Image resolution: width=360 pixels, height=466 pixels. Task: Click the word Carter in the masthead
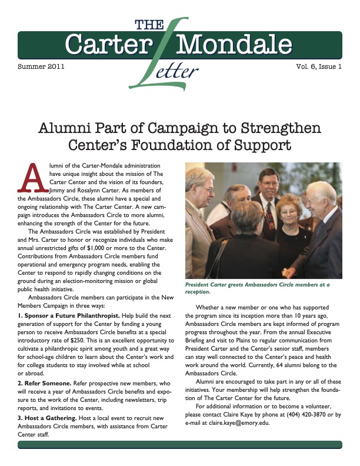point(109,44)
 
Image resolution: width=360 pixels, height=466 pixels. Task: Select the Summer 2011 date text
point(41,66)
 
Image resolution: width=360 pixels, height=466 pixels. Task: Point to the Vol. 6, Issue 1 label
point(318,66)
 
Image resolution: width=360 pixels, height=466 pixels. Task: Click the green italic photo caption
point(257,288)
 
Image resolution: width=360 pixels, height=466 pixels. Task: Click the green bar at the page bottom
point(180,444)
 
